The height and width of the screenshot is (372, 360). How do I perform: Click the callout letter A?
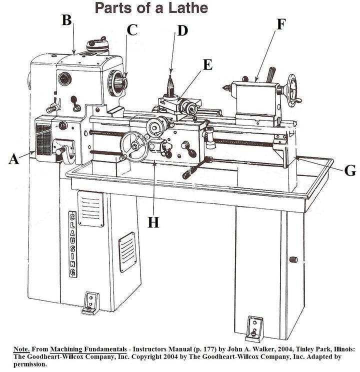[x=13, y=159]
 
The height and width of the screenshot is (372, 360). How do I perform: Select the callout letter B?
[x=66, y=19]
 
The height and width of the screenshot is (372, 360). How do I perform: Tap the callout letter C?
[x=131, y=29]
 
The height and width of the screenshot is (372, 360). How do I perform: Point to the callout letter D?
[x=182, y=30]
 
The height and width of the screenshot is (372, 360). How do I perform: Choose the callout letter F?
[x=281, y=24]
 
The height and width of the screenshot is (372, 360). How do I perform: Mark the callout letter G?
[x=350, y=171]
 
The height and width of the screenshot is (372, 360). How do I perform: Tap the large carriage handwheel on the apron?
[x=134, y=146]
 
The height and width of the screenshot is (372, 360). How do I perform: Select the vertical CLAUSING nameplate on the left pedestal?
[x=73, y=243]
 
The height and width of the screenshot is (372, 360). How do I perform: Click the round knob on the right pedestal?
[x=293, y=259]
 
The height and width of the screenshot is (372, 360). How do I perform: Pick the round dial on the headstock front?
[x=64, y=79]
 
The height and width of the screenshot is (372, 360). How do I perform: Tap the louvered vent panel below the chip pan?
[x=90, y=208]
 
